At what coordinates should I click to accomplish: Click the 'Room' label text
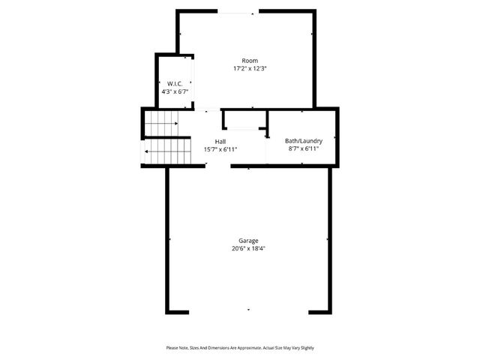point(250,61)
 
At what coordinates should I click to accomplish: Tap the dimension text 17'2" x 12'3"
point(250,68)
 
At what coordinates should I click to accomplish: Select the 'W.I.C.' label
point(175,83)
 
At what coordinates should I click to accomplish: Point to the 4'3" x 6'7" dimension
point(175,91)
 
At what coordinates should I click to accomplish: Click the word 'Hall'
point(220,142)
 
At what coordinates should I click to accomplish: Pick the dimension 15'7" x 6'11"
point(220,149)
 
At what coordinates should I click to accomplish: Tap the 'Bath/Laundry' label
point(303,141)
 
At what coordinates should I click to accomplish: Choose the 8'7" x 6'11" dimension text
point(303,148)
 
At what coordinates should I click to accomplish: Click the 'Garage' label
point(249,241)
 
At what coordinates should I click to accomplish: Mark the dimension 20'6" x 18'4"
point(249,248)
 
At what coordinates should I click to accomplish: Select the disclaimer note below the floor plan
point(240,348)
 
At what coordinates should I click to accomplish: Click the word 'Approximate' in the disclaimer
point(246,348)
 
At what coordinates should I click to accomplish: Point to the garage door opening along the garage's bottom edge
point(248,310)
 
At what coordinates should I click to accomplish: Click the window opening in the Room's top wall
point(235,13)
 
